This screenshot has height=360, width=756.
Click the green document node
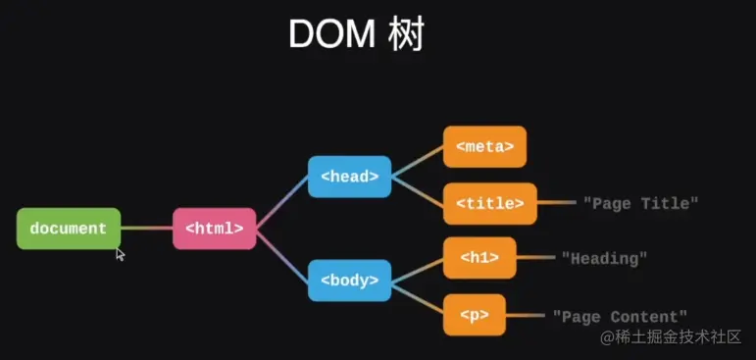pyautogui.click(x=69, y=229)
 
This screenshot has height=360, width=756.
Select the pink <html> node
pyautogui.click(x=214, y=229)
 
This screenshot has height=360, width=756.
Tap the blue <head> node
pyautogui.click(x=349, y=177)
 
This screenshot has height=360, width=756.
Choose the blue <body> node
pyautogui.click(x=349, y=281)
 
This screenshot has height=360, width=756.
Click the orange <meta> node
pyautogui.click(x=484, y=146)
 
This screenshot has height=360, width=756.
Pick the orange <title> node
pyautogui.click(x=489, y=203)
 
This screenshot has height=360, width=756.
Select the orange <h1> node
pyautogui.click(x=479, y=258)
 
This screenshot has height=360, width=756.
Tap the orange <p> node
pyautogui.click(x=474, y=316)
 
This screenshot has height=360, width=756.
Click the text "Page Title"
pyautogui.click(x=640, y=203)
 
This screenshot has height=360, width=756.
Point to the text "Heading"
pyautogui.click(x=605, y=259)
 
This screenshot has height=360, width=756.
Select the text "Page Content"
pyautogui.click(x=620, y=317)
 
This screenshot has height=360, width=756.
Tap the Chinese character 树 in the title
pyautogui.click(x=405, y=34)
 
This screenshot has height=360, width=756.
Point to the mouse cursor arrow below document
pyautogui.click(x=121, y=255)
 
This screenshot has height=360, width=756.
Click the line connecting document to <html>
pyautogui.click(x=146, y=229)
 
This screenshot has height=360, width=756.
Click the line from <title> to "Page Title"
pyautogui.click(x=556, y=203)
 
